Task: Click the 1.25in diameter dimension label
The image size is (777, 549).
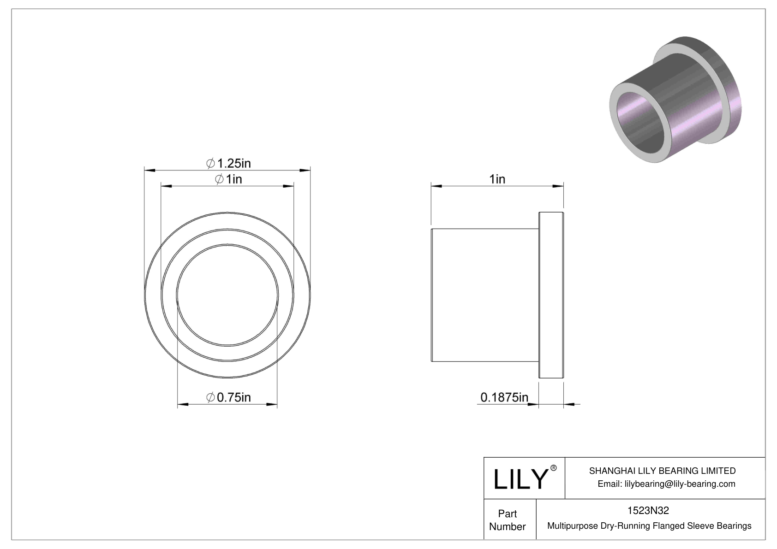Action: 228,163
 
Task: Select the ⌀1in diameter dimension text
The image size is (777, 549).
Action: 228,179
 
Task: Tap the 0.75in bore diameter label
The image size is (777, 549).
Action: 228,397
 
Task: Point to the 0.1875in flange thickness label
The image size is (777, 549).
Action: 504,397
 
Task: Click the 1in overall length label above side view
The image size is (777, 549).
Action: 497,179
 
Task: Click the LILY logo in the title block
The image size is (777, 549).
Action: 520,479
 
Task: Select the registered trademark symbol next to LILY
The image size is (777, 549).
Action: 554,468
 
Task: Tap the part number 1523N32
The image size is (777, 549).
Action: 648,510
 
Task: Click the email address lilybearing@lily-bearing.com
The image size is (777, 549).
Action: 680,484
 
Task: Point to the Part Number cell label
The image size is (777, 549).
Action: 507,520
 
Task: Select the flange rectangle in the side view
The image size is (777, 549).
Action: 551,295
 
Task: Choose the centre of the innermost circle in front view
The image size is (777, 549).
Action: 227,295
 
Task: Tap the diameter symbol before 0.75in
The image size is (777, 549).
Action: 210,397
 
